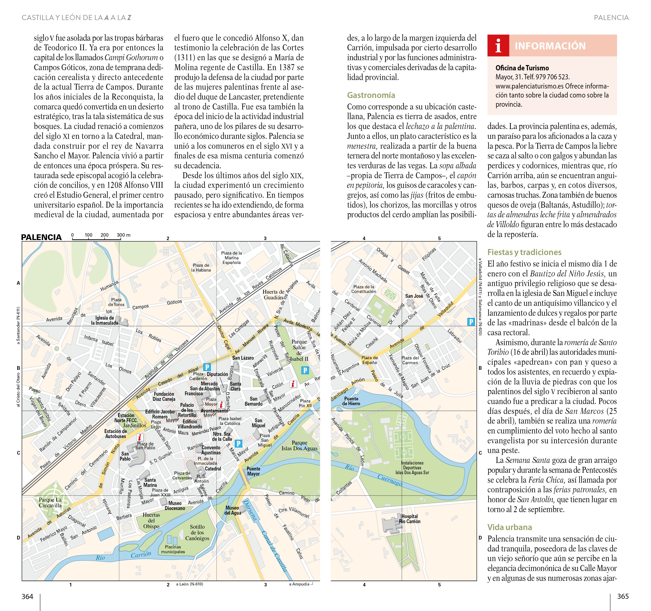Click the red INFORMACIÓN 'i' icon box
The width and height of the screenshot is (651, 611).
[x=498, y=46]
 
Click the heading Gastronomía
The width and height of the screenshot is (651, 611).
[x=371, y=95]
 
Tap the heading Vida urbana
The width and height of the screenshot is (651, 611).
[x=509, y=527]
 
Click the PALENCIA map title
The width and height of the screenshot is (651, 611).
[x=41, y=237]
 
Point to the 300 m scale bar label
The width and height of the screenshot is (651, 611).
[x=124, y=235]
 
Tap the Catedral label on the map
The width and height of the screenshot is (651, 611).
[x=213, y=469]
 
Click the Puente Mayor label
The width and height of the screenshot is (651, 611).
[x=254, y=471]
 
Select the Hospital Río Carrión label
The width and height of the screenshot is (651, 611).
[x=409, y=519]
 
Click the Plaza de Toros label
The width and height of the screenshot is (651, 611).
[x=116, y=302]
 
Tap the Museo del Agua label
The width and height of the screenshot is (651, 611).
[x=232, y=510]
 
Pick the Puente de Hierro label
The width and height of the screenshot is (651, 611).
[x=351, y=401]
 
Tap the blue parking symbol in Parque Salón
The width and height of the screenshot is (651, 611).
[x=305, y=370]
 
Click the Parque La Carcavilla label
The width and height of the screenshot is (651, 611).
[x=50, y=502]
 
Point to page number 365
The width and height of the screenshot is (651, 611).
[x=623, y=597]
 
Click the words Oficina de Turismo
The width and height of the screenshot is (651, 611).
[x=522, y=68]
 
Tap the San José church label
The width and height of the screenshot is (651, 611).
[x=414, y=296]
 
